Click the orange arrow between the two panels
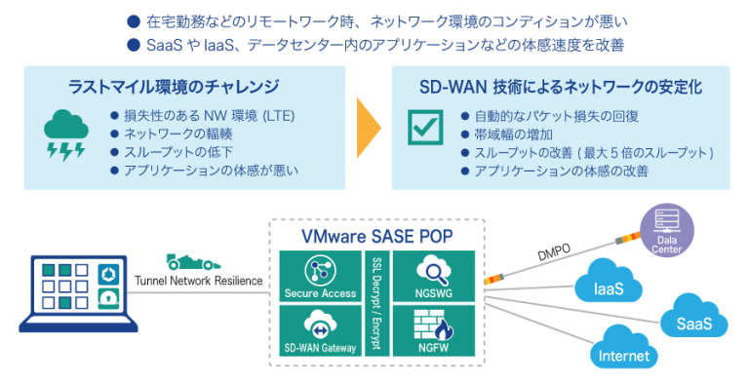[x=367, y=128]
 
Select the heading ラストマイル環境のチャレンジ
[x=174, y=86]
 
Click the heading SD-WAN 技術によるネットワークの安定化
[x=559, y=86]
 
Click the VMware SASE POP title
[x=376, y=236]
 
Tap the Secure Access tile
[x=320, y=276]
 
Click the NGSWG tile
[x=431, y=276]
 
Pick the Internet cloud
[x=624, y=352]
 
